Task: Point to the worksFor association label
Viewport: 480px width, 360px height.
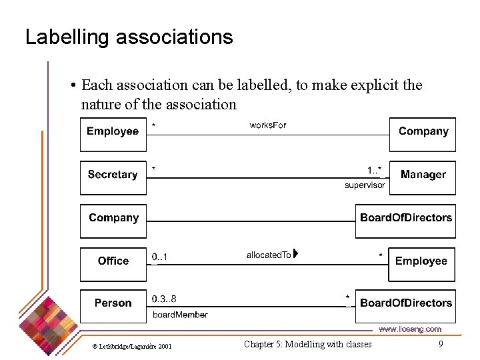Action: [x=268, y=125]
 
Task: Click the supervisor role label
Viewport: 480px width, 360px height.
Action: [x=365, y=185]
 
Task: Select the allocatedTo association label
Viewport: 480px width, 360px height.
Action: [x=269, y=255]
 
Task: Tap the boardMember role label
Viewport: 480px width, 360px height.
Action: [x=180, y=315]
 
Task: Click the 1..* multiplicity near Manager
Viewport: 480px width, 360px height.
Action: [x=374, y=170]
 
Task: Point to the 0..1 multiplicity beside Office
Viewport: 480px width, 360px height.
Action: [x=160, y=257]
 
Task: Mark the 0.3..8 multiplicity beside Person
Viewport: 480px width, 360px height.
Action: [x=164, y=299]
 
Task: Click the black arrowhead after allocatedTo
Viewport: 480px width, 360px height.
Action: [x=295, y=254]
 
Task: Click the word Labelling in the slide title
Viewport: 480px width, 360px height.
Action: [x=67, y=37]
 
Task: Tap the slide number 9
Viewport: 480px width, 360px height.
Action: [x=441, y=344]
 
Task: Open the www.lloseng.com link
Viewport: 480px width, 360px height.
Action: [x=410, y=329]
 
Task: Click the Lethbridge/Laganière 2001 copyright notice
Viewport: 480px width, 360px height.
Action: [x=132, y=346]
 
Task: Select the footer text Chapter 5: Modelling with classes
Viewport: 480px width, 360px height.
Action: [x=308, y=344]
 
